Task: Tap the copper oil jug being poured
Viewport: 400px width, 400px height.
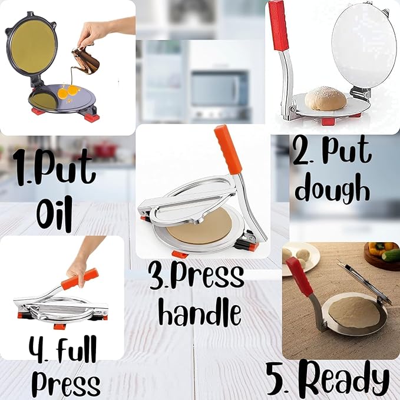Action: pos(85,61)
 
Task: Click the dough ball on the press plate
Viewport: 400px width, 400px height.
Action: pos(326,98)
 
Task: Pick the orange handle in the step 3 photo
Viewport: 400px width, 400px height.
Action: pos(229,150)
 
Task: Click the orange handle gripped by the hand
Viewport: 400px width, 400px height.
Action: pos(80,279)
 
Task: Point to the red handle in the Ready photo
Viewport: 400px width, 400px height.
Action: pos(299,276)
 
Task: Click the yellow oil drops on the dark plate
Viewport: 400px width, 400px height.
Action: pos(69,92)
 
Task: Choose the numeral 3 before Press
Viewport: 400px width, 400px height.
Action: pos(156,276)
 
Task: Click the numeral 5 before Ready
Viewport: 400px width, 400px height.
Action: pos(276,380)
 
